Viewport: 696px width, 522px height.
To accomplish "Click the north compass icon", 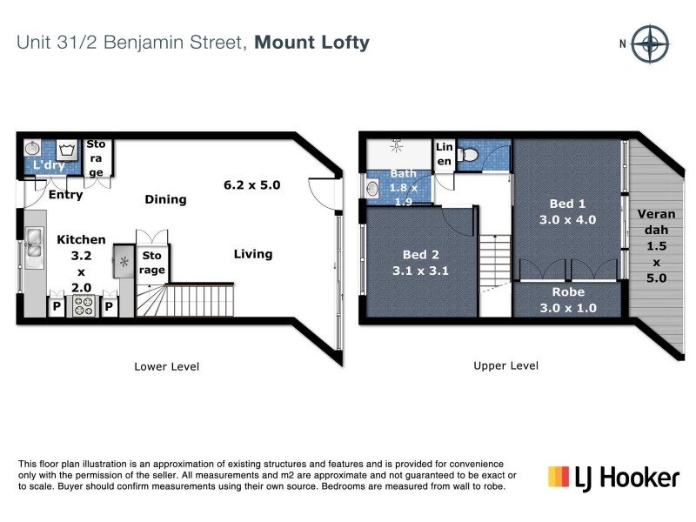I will coord(649,43).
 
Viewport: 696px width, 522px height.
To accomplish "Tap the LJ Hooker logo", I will coord(612,477).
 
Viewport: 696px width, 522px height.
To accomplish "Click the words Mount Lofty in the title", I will coord(312,42).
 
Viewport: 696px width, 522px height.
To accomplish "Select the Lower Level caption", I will coord(166,366).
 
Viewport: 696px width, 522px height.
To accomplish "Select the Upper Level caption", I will coord(505,366).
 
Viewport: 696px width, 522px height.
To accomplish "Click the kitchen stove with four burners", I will coord(84,305).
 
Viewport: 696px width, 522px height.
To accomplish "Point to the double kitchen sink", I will coord(34,244).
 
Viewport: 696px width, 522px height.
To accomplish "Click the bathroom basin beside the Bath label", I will coord(373,187).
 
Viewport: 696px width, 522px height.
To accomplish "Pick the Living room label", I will coord(252,254).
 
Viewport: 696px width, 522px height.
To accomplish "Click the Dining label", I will coord(165,199).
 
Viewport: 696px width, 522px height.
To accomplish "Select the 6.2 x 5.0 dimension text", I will coord(252,184).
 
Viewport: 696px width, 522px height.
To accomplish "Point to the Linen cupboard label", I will coord(444,155).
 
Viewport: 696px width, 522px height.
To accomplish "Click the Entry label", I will coord(66,195).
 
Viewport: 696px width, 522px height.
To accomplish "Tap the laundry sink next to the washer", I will coord(32,147).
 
